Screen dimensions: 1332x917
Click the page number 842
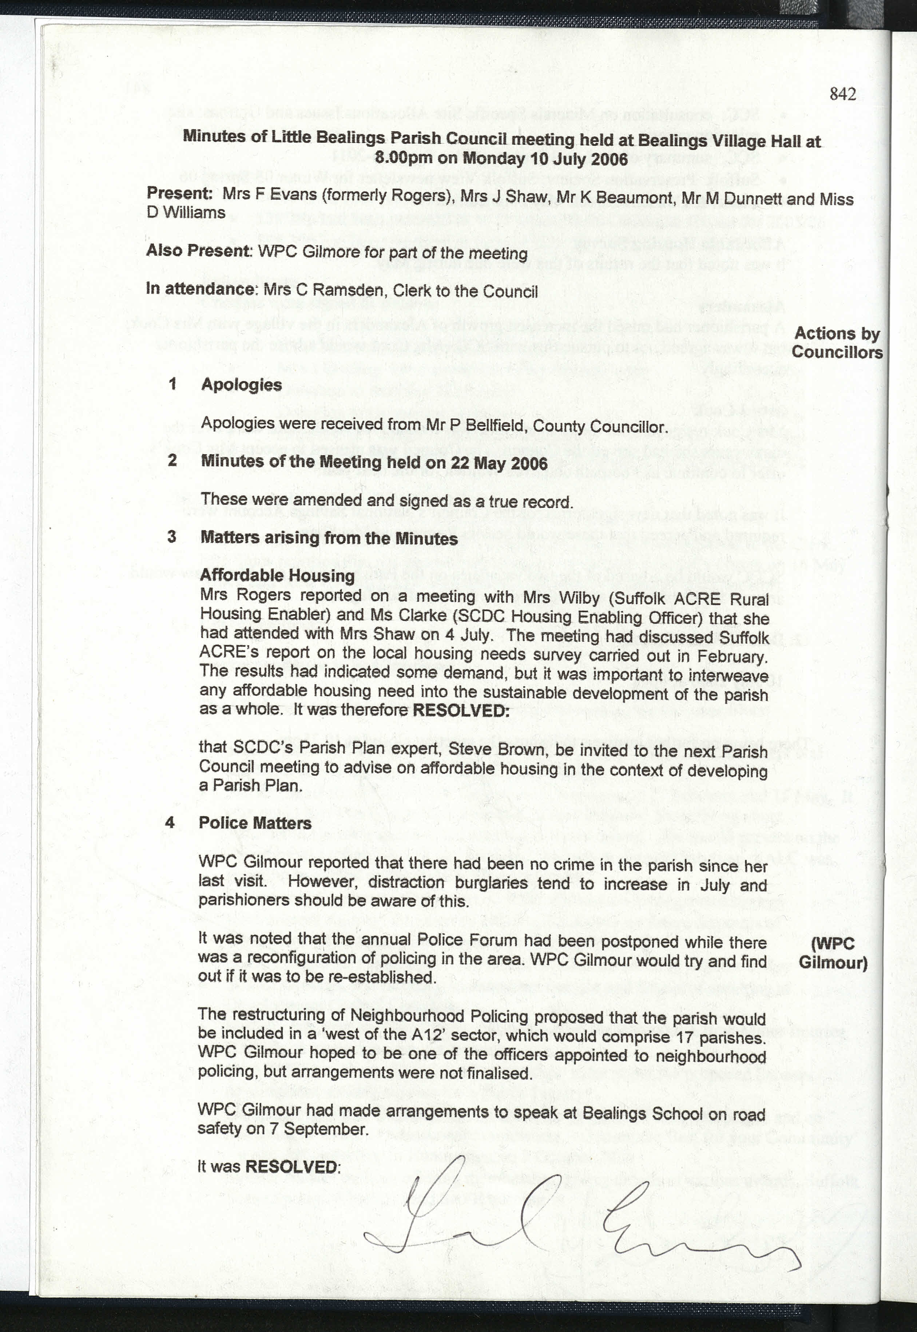843,94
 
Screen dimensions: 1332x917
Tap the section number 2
172,460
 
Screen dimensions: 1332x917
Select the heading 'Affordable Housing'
278,575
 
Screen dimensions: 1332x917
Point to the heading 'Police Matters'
255,823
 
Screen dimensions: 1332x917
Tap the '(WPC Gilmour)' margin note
833,953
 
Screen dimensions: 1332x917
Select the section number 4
170,822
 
